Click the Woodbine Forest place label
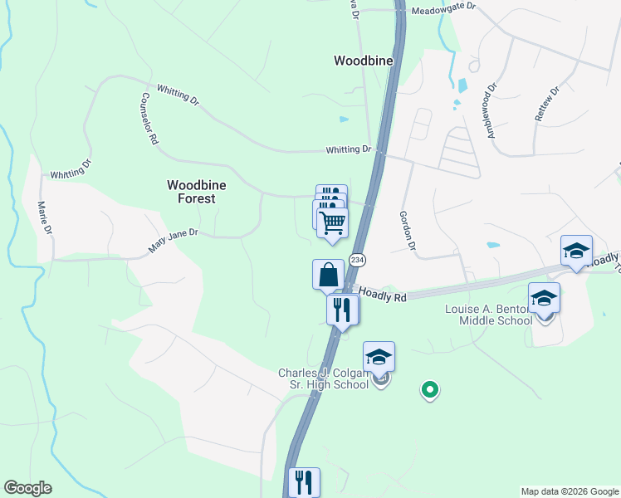(191, 192)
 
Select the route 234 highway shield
(357, 260)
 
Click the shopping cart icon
(332, 222)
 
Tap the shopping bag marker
(328, 274)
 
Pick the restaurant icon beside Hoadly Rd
(342, 310)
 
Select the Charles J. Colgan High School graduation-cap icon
(379, 357)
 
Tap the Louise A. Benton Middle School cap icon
(544, 298)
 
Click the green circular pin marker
(429, 388)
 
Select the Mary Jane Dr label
(173, 242)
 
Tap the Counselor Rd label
(148, 120)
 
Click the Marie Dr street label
(45, 217)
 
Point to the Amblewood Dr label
(491, 110)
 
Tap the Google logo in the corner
(27, 488)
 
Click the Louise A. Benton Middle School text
(488, 315)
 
